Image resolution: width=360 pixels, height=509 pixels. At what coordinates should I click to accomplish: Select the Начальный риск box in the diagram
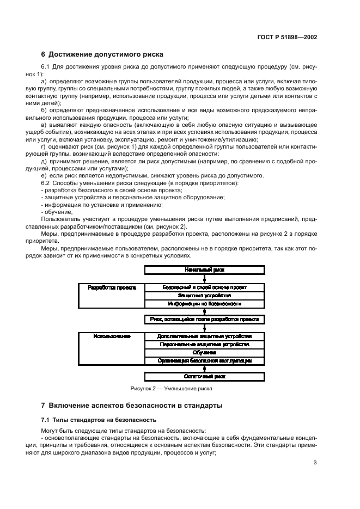point(204,269)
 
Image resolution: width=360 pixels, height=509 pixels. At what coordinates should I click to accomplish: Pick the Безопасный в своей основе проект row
point(204,287)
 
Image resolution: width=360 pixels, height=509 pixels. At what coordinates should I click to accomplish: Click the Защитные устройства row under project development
point(204,295)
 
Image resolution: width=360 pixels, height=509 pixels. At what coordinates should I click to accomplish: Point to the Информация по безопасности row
point(204,303)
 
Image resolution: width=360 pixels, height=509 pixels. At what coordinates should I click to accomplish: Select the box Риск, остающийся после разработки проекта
point(204,320)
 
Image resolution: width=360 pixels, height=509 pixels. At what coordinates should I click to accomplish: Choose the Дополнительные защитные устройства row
point(204,336)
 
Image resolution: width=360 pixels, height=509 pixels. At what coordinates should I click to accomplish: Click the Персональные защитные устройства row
point(204,345)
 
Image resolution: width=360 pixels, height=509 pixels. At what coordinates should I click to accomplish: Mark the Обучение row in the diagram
point(204,352)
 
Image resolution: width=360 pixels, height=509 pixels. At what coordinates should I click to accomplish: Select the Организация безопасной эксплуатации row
point(204,360)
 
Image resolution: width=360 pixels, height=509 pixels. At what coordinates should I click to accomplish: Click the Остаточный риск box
point(204,377)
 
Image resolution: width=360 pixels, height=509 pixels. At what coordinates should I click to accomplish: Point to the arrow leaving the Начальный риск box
point(204,278)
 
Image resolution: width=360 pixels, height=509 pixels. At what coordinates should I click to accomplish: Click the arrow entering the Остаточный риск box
point(204,369)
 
